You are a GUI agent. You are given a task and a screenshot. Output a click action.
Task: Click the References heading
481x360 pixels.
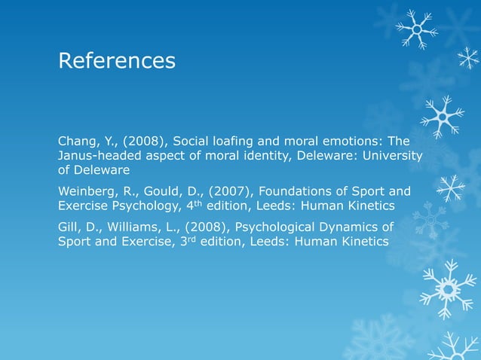coord(117,59)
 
